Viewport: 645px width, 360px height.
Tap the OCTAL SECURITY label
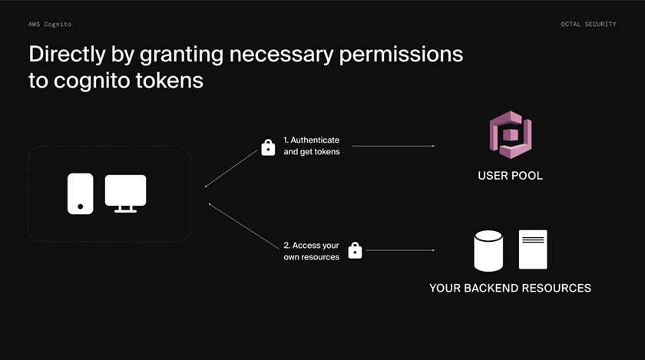pyautogui.click(x=588, y=25)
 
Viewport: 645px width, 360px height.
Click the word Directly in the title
pyautogui.click(x=66, y=54)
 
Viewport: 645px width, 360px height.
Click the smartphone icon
pyautogui.click(x=80, y=193)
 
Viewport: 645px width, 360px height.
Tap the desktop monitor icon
pyautogui.click(x=125, y=193)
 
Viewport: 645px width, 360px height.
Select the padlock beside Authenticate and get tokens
pyautogui.click(x=268, y=147)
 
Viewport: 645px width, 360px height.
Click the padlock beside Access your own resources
pyautogui.click(x=355, y=250)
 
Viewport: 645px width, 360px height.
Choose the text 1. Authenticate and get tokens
pyautogui.click(x=311, y=146)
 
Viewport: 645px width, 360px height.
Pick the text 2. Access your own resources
pyautogui.click(x=312, y=251)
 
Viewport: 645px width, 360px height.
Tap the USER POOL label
pyautogui.click(x=510, y=176)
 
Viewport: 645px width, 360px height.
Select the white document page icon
pyautogui.click(x=533, y=249)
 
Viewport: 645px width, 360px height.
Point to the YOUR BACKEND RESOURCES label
pyautogui.click(x=510, y=289)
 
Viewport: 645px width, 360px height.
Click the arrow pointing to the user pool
pyautogui.click(x=392, y=146)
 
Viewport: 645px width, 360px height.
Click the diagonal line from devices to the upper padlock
pyautogui.click(x=232, y=167)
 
